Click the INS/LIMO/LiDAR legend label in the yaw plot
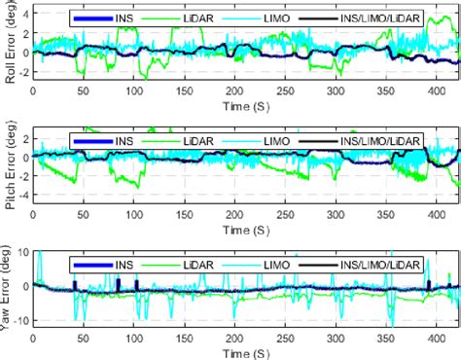tap(370, 261)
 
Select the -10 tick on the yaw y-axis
tap(21, 320)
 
